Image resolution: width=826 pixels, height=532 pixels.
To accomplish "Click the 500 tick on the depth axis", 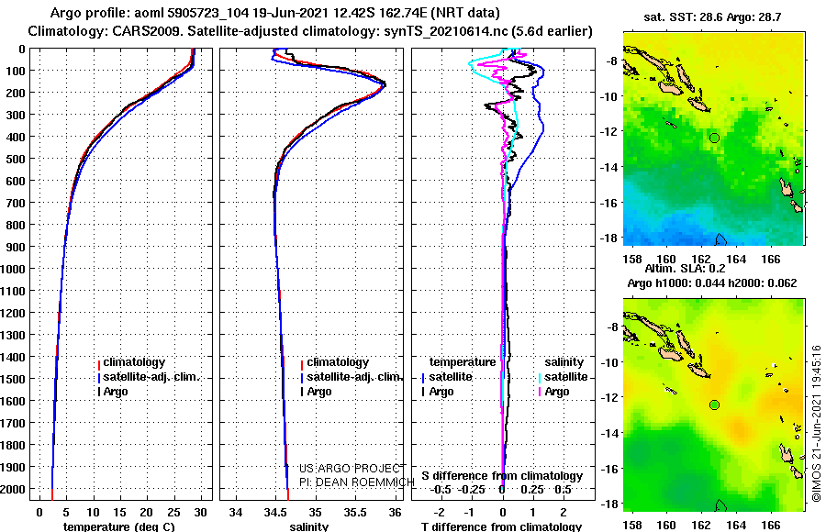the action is tap(16, 159).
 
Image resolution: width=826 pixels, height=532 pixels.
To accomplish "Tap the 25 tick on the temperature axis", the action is tap(173, 513).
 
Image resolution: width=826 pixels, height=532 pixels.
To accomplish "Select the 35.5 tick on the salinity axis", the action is tap(355, 513).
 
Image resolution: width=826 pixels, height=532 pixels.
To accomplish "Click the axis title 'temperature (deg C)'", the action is tap(119, 526).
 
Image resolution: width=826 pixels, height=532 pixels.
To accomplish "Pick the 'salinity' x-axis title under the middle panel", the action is tap(308, 526).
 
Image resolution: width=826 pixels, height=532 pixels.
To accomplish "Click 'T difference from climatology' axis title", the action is tap(501, 526).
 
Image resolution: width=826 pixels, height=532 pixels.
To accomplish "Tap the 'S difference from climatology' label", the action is tap(502, 476).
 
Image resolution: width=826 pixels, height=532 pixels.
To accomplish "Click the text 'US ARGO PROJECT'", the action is tap(352, 469).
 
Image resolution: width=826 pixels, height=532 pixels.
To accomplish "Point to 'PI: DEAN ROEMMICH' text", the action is tap(357, 482).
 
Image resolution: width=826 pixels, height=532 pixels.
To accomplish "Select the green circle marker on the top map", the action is tap(714, 138).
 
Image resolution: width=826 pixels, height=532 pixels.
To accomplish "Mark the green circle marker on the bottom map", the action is tap(714, 405).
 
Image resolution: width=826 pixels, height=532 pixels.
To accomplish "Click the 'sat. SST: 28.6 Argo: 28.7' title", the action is tap(712, 17).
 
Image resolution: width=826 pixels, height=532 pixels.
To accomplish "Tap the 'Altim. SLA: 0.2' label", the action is tap(685, 268).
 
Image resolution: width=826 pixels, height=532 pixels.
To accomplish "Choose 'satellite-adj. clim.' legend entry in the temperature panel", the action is tap(149, 377).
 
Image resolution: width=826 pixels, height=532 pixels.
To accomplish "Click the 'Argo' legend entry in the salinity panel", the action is tap(315, 392).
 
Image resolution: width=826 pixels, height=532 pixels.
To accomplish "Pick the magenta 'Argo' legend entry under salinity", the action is tap(554, 392).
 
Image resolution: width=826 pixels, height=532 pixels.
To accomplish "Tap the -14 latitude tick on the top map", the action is tap(609, 168).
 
